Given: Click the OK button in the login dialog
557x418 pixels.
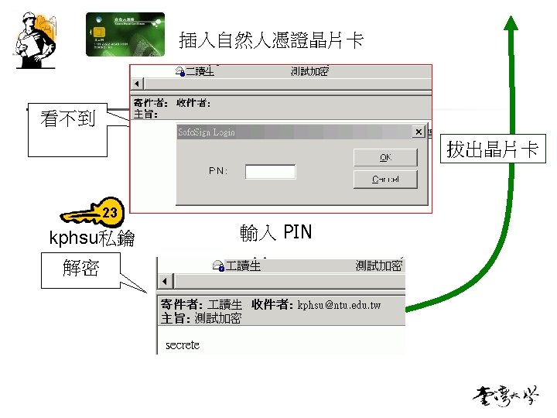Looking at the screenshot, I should click(x=384, y=157).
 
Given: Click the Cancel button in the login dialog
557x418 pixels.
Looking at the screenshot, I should click(x=384, y=180).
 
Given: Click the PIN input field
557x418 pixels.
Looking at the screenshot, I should click(x=270, y=171).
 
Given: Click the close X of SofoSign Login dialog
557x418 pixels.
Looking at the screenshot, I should click(x=419, y=132).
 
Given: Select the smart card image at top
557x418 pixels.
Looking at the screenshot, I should click(x=125, y=34).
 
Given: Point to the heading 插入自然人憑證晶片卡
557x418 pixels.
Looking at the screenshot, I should click(x=271, y=40).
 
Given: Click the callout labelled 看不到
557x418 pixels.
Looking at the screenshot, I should click(x=68, y=118).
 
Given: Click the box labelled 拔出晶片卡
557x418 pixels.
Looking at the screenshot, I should click(x=492, y=149).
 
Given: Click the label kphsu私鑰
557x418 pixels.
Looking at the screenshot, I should click(x=92, y=238).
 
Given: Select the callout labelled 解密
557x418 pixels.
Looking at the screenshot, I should click(x=81, y=268).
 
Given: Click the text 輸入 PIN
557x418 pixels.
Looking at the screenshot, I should click(x=275, y=232).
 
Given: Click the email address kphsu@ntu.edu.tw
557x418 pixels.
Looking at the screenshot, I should click(x=339, y=305).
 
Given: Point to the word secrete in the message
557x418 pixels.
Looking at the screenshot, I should click(x=183, y=345).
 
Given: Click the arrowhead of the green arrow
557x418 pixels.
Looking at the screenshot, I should click(x=510, y=23).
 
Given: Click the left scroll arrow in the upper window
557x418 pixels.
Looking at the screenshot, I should click(x=138, y=84).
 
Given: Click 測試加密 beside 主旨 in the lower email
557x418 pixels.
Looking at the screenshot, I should click(x=218, y=318).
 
